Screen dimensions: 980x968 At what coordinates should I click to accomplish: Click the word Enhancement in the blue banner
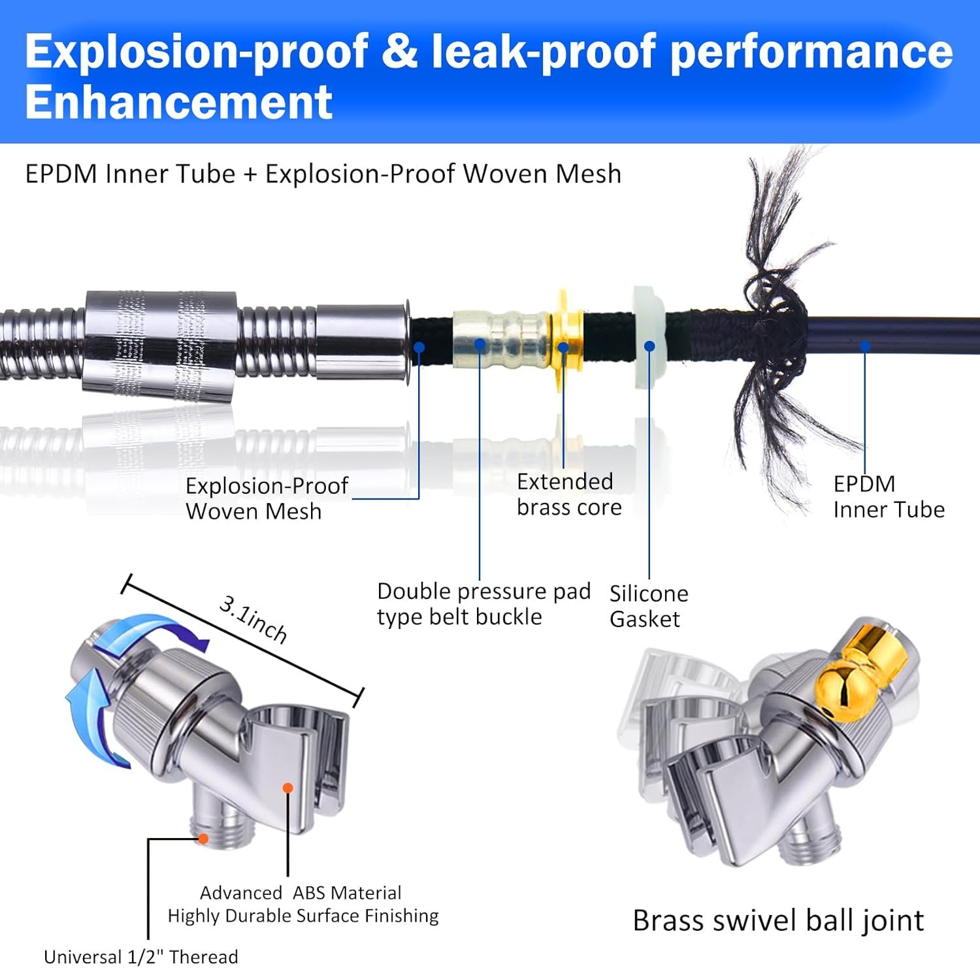[178, 102]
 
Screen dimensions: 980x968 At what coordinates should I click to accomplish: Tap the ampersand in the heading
[399, 51]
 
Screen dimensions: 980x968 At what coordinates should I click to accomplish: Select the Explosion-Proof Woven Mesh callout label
[267, 498]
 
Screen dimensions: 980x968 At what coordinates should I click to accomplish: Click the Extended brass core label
[569, 494]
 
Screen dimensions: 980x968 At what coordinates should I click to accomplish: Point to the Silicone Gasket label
[649, 606]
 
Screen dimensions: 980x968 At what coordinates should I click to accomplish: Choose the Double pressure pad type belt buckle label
[483, 604]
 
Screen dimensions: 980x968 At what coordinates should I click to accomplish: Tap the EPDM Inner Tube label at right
[889, 496]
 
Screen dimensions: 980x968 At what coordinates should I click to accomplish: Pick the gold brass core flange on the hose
[566, 340]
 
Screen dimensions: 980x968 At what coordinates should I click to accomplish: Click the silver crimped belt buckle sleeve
[500, 338]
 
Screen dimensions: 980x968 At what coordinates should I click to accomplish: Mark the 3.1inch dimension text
[253, 619]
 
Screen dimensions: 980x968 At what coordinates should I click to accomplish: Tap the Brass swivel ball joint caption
[778, 921]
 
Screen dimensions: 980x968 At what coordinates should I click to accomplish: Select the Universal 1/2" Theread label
[140, 957]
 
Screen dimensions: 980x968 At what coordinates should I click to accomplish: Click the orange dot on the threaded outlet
[203, 838]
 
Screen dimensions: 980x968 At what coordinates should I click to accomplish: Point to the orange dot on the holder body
[287, 788]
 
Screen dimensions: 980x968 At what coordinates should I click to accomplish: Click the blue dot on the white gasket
[649, 346]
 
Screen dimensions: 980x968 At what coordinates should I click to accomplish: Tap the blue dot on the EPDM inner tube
[864, 346]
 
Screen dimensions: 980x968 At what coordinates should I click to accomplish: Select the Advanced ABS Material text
[301, 893]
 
